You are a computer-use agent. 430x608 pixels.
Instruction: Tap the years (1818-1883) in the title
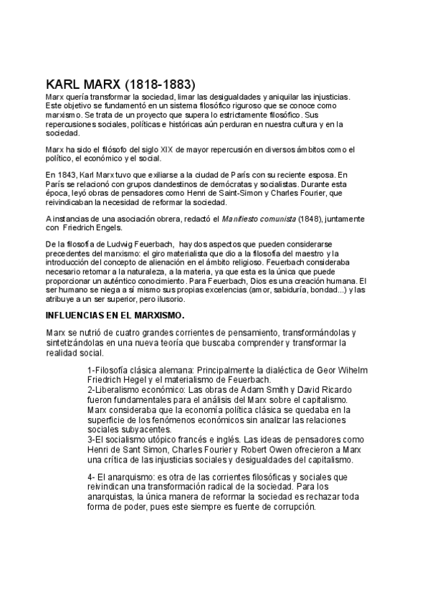pos(158,83)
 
